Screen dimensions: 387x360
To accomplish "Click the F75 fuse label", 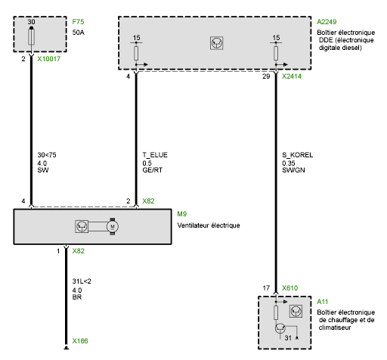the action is [x=78, y=22].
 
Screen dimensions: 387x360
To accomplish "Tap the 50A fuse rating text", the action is [x=79, y=33].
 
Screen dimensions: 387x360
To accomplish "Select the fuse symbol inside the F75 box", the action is [x=31, y=37].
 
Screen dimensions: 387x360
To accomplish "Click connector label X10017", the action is [x=49, y=59].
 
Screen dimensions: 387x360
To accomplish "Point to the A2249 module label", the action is [x=327, y=22].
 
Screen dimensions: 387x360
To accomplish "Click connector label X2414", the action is [x=292, y=76].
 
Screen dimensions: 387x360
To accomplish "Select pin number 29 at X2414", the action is [x=266, y=76].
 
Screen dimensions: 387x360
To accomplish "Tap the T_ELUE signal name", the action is [x=155, y=155].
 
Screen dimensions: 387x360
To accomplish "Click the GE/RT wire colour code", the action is [x=153, y=170].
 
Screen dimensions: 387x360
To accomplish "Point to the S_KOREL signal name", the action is [x=298, y=155].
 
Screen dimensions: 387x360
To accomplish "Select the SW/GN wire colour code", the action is [x=293, y=170].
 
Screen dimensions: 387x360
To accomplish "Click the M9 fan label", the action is [x=182, y=214].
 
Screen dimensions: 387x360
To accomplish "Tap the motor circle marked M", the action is [x=113, y=226].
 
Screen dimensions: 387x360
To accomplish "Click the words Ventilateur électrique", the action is [x=209, y=225].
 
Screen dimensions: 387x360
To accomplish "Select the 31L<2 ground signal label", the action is [x=82, y=281].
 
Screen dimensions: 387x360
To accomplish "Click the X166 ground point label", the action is [x=80, y=341].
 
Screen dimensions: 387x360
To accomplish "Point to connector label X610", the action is [x=289, y=288].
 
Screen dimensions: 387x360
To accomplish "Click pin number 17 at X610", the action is [x=266, y=288].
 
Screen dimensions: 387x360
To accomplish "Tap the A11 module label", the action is [x=323, y=302].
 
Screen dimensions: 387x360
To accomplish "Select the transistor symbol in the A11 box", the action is [x=280, y=329].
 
